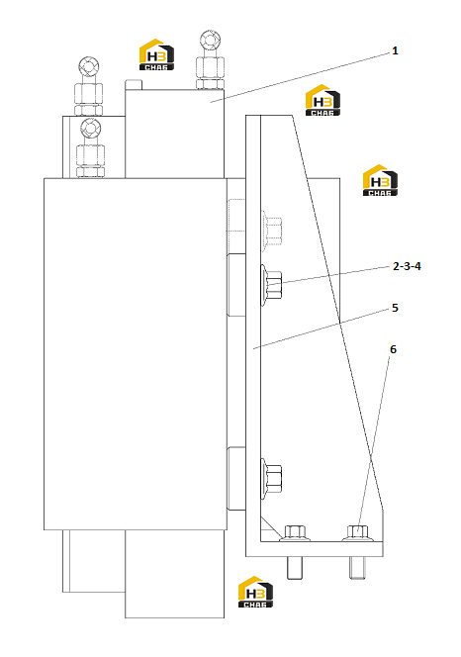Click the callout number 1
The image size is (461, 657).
pyautogui.click(x=395, y=50)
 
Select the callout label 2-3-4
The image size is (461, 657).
pyautogui.click(x=407, y=266)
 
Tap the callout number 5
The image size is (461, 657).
pyautogui.click(x=395, y=308)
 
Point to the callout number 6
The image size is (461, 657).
pyautogui.click(x=393, y=349)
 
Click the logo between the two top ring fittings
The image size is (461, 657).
pyautogui.click(x=156, y=54)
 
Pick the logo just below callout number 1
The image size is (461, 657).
pyautogui.click(x=323, y=100)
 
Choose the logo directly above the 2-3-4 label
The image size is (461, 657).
pyautogui.click(x=380, y=180)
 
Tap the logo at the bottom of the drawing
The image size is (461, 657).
pyautogui.click(x=255, y=592)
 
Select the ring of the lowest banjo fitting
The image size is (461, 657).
pyautogui.click(x=90, y=127)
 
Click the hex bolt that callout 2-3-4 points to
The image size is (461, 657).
pyautogui.click(x=271, y=285)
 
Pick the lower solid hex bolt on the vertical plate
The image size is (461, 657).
pyautogui.click(x=271, y=479)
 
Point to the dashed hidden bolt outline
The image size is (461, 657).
pyautogui.click(x=271, y=231)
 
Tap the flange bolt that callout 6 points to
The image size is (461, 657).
pyautogui.click(x=357, y=533)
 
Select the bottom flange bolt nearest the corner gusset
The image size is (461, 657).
pyautogui.click(x=295, y=533)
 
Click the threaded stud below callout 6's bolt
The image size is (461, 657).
pyautogui.click(x=357, y=568)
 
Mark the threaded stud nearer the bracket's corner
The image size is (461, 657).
pyautogui.click(x=295, y=568)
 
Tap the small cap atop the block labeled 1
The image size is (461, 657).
pyautogui.click(x=134, y=85)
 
